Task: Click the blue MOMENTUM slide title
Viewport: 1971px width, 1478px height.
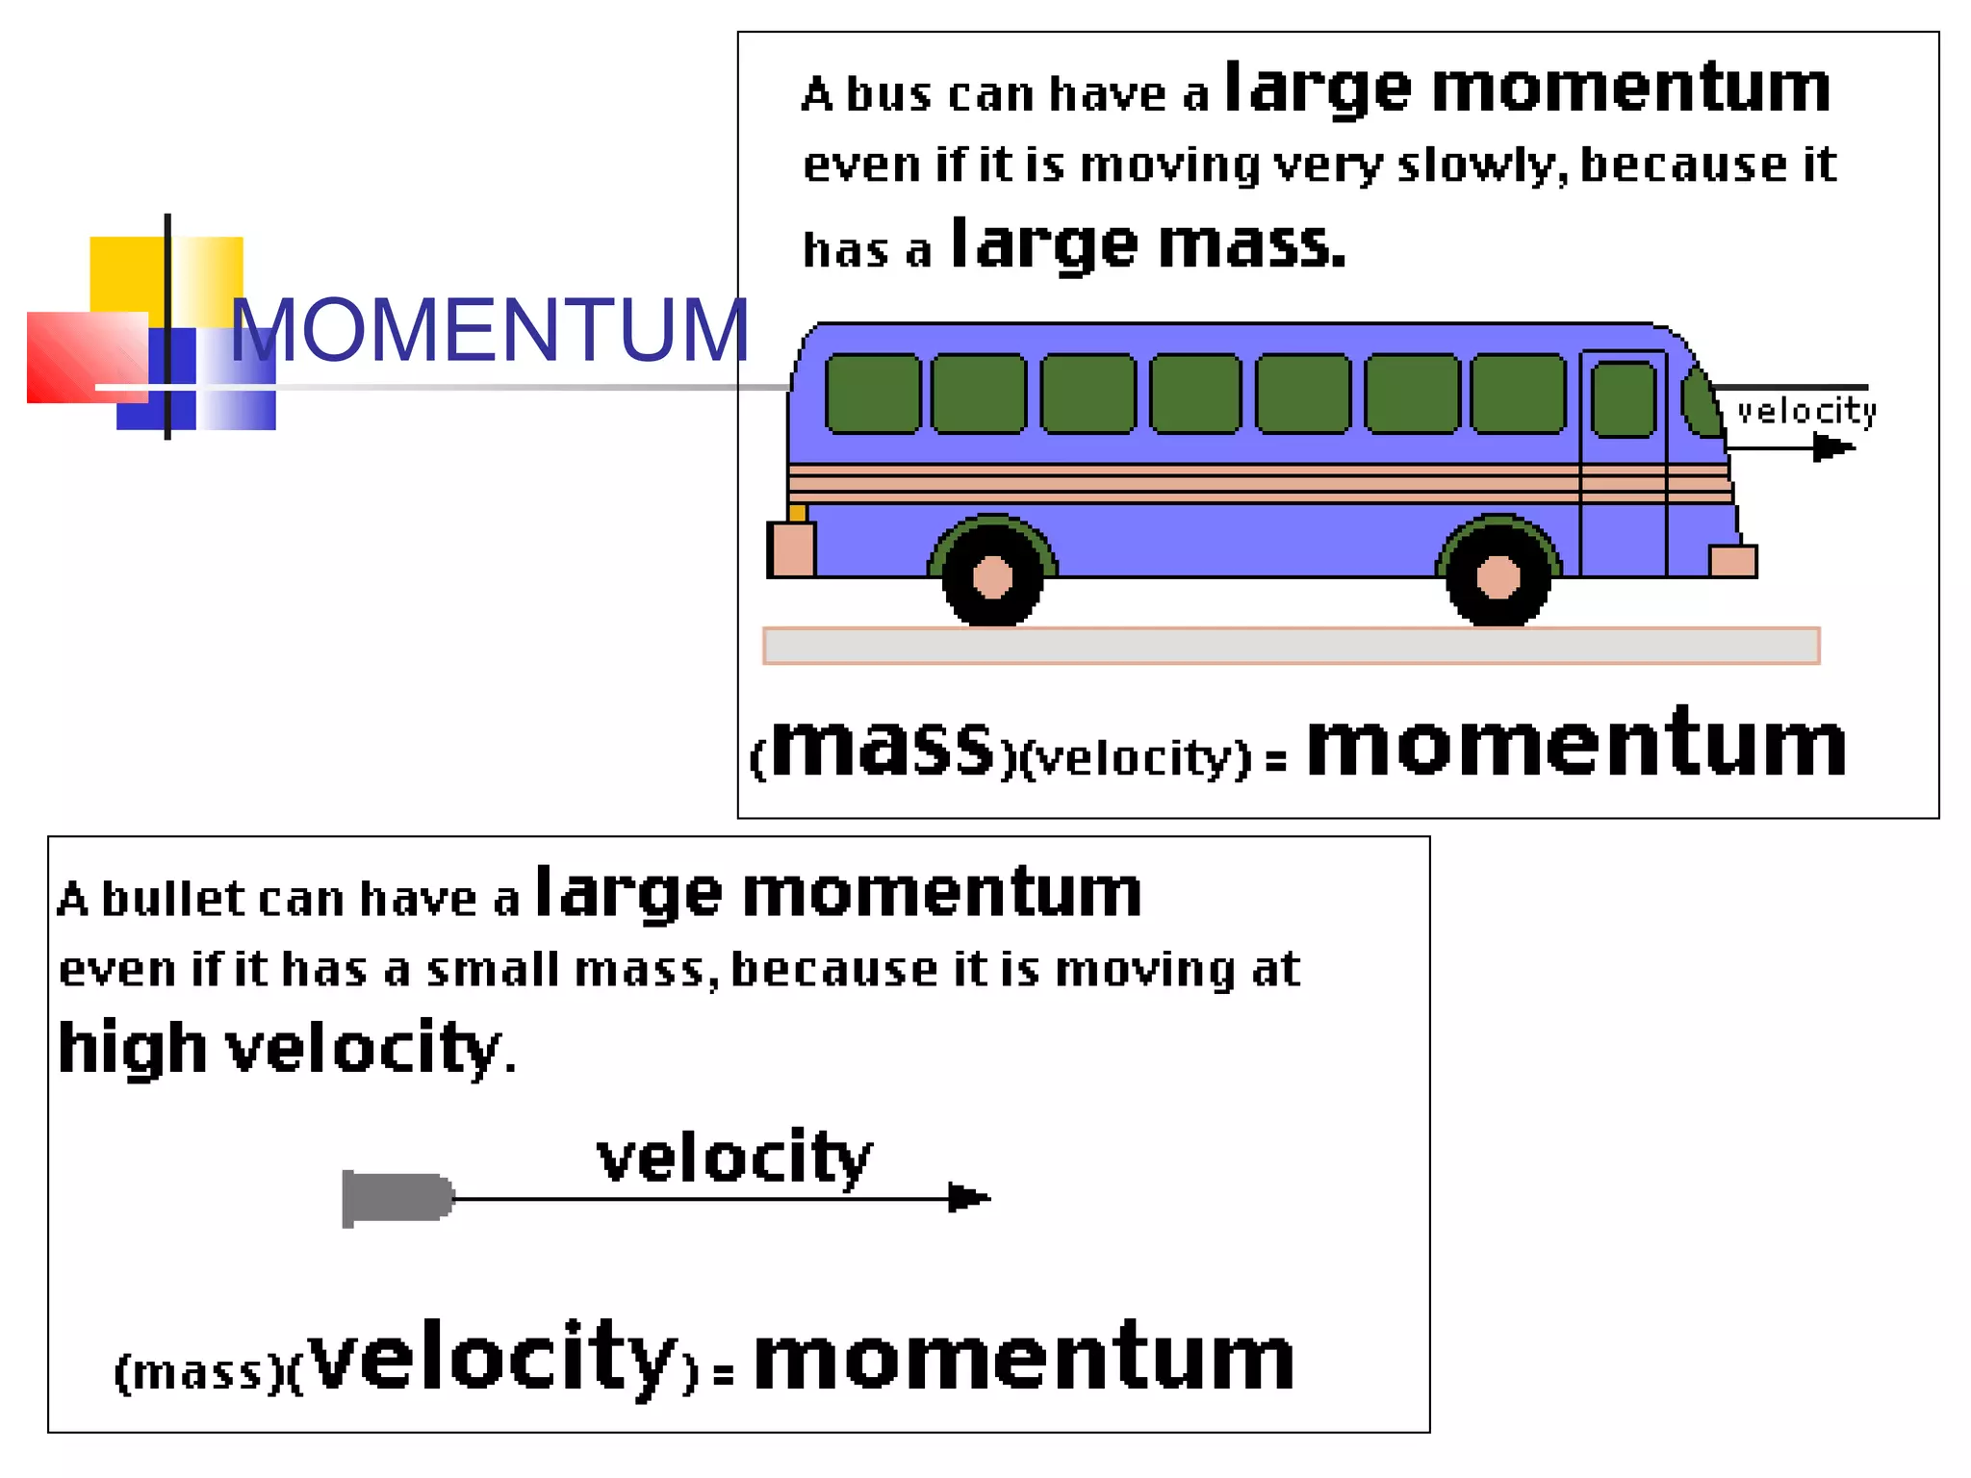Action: click(489, 330)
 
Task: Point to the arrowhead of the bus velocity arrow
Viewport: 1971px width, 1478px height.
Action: click(1833, 447)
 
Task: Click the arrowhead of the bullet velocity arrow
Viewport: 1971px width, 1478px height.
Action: click(968, 1198)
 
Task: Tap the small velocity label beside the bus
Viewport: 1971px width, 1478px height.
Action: click(1806, 411)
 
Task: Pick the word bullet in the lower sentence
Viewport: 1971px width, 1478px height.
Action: click(173, 899)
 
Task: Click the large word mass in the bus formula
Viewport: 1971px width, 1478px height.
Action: click(882, 746)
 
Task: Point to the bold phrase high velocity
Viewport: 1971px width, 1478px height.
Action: click(280, 1048)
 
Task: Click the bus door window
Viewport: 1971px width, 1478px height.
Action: click(1624, 399)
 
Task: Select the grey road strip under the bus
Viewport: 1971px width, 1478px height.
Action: click(1291, 646)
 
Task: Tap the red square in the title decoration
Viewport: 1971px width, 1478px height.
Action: click(87, 357)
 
